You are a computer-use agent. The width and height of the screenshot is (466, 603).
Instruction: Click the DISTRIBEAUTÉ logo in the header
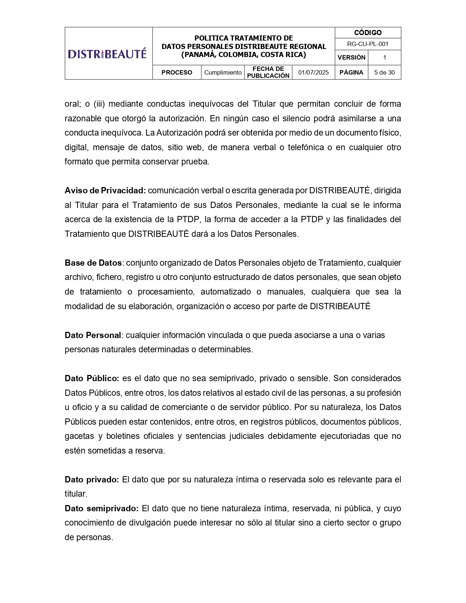pyautogui.click(x=107, y=54)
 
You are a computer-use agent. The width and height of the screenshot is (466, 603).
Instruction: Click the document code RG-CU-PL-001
pyautogui.click(x=368, y=44)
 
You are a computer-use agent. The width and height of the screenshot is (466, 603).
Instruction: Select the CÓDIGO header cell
pyautogui.click(x=368, y=33)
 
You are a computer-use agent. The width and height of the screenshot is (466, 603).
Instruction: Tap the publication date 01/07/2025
pyautogui.click(x=313, y=72)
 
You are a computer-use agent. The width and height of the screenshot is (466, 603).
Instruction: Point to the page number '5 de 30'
pyautogui.click(x=384, y=72)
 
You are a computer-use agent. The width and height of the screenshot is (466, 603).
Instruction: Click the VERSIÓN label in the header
pyautogui.click(x=351, y=58)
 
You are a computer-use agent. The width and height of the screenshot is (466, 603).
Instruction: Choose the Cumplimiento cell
pyautogui.click(x=223, y=72)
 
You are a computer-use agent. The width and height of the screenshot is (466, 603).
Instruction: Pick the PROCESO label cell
pyautogui.click(x=177, y=72)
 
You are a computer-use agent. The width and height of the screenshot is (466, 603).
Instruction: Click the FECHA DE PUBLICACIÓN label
pyautogui.click(x=268, y=72)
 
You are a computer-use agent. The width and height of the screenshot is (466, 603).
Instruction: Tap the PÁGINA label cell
pyautogui.click(x=351, y=72)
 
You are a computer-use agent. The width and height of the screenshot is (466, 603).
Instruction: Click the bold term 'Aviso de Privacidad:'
pyautogui.click(x=105, y=191)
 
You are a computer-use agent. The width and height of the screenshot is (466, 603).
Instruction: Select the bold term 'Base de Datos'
pyautogui.click(x=93, y=263)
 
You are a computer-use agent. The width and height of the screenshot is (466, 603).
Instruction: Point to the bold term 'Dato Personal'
pyautogui.click(x=93, y=335)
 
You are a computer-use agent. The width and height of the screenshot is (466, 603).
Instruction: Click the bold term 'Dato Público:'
pyautogui.click(x=92, y=379)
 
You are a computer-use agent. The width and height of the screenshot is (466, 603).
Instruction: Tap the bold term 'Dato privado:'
pyautogui.click(x=92, y=480)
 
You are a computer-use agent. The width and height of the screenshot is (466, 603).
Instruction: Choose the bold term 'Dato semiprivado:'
pyautogui.click(x=102, y=509)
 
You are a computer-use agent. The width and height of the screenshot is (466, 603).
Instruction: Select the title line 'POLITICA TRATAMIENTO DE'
pyautogui.click(x=243, y=38)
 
